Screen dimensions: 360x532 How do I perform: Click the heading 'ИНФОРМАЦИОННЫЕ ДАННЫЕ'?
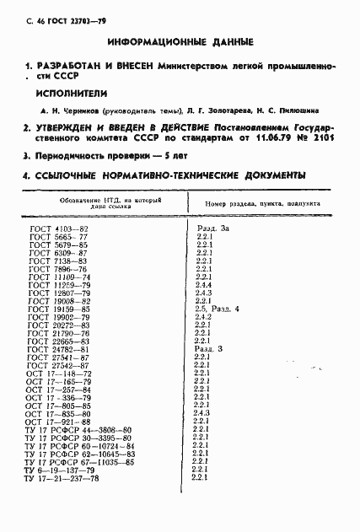coord(180,41)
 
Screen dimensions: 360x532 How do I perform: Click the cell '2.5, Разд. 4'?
coord(217,309)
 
